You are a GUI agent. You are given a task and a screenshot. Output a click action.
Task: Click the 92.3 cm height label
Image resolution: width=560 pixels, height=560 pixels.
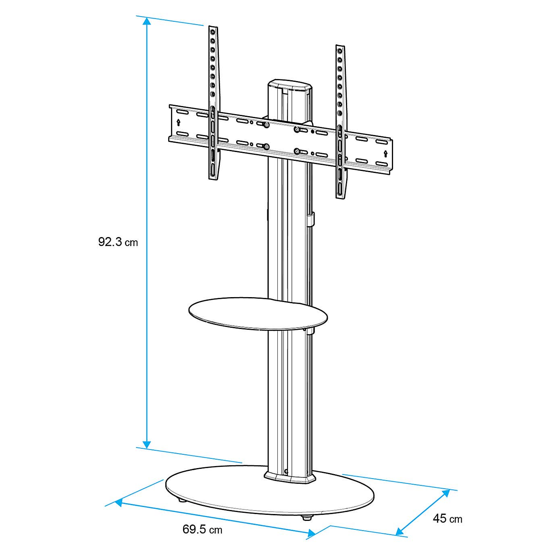(118, 242)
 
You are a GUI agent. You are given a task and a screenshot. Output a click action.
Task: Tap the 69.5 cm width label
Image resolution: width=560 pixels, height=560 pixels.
(202, 529)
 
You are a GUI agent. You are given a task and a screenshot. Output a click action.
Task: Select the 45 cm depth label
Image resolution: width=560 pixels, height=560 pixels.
(447, 518)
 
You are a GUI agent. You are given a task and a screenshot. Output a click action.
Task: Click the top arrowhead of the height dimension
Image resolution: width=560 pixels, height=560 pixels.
(147, 21)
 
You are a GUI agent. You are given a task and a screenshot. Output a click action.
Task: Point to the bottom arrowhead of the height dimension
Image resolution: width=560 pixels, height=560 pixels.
(147, 443)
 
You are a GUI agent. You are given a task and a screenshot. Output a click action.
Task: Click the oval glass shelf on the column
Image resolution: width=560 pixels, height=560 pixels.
(258, 311)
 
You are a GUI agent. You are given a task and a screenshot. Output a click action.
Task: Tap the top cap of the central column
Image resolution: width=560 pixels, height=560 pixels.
(290, 86)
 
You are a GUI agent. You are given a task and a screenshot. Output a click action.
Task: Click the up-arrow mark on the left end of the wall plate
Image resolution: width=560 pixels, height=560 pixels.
(179, 122)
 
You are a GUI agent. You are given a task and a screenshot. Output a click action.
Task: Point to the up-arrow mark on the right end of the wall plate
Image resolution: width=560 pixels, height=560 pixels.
(385, 154)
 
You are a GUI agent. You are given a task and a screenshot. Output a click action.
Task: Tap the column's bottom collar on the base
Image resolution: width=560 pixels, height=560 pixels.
(289, 478)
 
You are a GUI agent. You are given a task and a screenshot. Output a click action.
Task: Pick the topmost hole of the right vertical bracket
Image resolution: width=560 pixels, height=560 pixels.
(340, 51)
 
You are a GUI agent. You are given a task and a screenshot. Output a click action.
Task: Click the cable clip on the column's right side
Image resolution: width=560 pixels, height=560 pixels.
(310, 219)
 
